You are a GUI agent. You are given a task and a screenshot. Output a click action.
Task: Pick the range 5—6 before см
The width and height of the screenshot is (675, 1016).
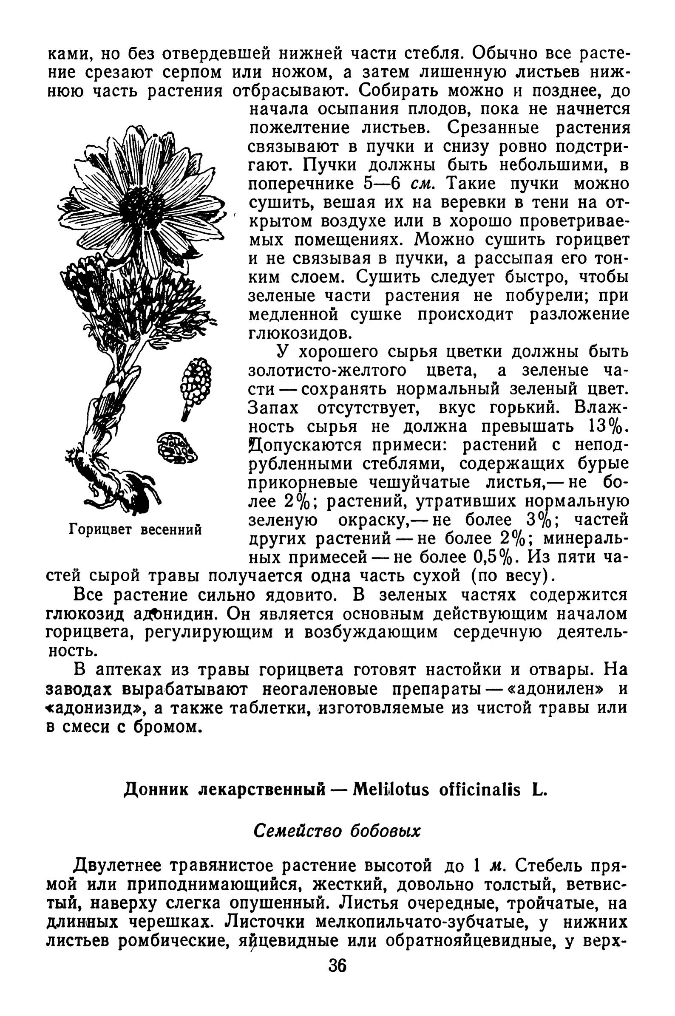point(382,184)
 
